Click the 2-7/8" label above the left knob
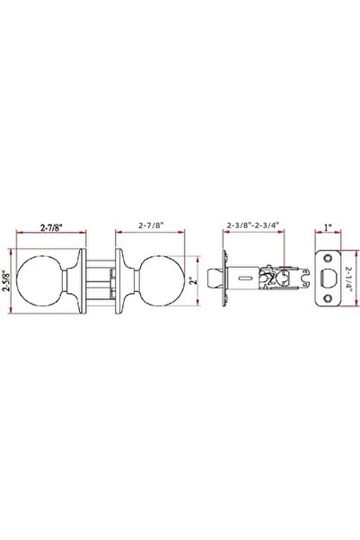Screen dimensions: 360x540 pyautogui.click(x=51, y=227)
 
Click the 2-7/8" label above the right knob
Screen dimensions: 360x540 pyautogui.click(x=151, y=226)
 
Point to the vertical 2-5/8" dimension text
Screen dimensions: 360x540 pyautogui.click(x=6, y=281)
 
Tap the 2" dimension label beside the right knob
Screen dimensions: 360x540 pyautogui.click(x=195, y=280)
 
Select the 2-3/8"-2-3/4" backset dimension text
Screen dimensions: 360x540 pyautogui.click(x=253, y=226)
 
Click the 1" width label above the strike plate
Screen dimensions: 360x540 pyautogui.click(x=328, y=227)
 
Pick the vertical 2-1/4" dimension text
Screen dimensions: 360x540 pyautogui.click(x=349, y=279)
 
